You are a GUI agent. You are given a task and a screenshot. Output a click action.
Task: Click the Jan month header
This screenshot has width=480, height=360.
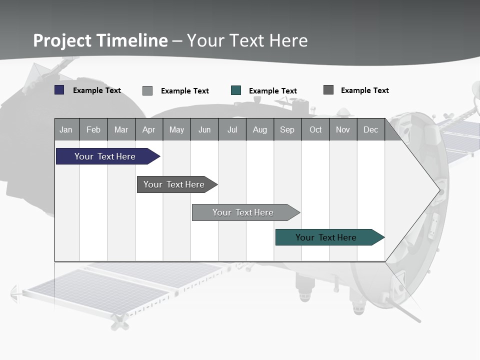[x=66, y=129]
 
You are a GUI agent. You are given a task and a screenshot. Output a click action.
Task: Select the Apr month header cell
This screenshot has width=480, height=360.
[x=148, y=129]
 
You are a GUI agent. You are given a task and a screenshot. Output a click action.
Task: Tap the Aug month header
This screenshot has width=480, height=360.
[x=259, y=129]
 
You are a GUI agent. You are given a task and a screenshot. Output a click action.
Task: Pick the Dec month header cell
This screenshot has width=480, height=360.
[x=370, y=129]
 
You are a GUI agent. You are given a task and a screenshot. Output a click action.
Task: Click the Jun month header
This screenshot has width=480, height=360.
[x=204, y=129]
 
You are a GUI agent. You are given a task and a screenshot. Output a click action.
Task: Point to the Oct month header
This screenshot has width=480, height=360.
[x=315, y=129]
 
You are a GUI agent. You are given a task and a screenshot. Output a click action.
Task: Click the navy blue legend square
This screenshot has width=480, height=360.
[x=59, y=90]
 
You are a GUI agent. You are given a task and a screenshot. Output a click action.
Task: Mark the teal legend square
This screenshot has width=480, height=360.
[x=236, y=90]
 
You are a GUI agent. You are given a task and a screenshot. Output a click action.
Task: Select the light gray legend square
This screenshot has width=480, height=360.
[x=147, y=90]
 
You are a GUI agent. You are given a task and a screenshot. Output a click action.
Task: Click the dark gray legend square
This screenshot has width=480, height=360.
[x=328, y=90]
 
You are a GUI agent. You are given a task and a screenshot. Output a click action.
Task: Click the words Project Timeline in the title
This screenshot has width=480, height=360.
[x=100, y=40]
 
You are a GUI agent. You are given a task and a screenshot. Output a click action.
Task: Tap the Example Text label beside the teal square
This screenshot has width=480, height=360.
[x=272, y=91]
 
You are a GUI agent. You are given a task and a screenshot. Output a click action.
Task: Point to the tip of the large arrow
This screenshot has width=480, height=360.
[x=439, y=190]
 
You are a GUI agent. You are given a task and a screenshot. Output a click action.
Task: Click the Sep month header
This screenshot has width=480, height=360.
[x=287, y=129]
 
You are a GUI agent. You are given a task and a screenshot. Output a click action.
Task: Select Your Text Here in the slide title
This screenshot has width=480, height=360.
[x=247, y=40]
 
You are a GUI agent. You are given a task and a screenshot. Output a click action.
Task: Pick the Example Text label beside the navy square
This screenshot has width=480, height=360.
[x=96, y=90]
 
